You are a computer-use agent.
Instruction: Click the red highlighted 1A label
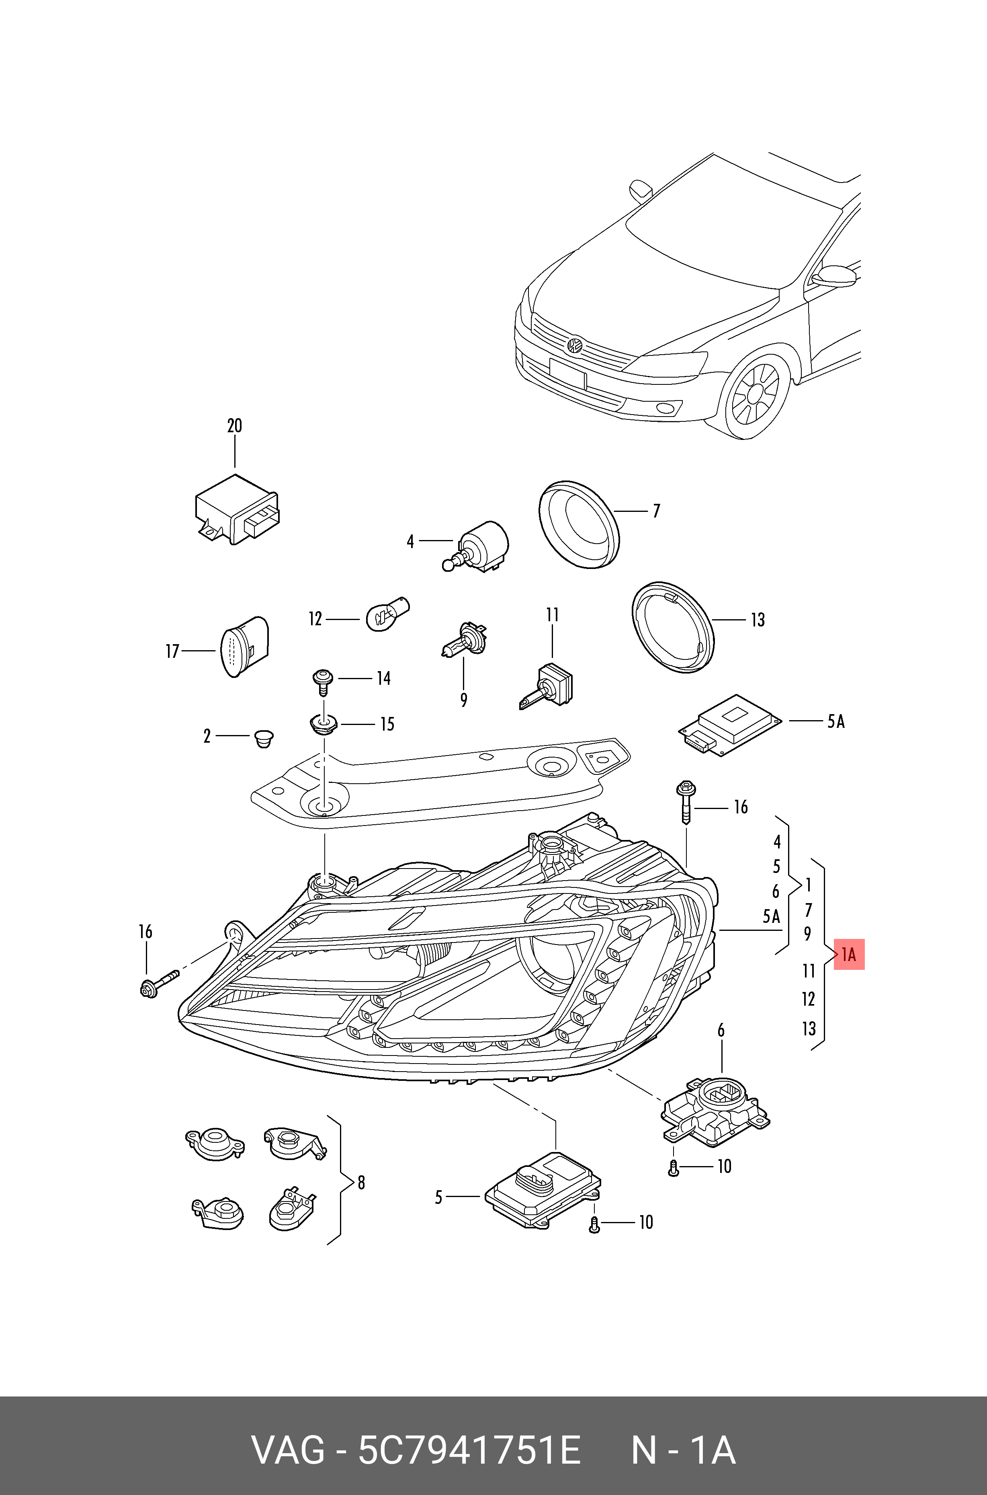848,955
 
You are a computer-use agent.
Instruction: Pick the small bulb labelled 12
387,614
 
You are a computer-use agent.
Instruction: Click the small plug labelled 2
264,737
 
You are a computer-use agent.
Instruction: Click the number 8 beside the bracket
361,1183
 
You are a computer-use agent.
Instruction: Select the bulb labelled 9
464,641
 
